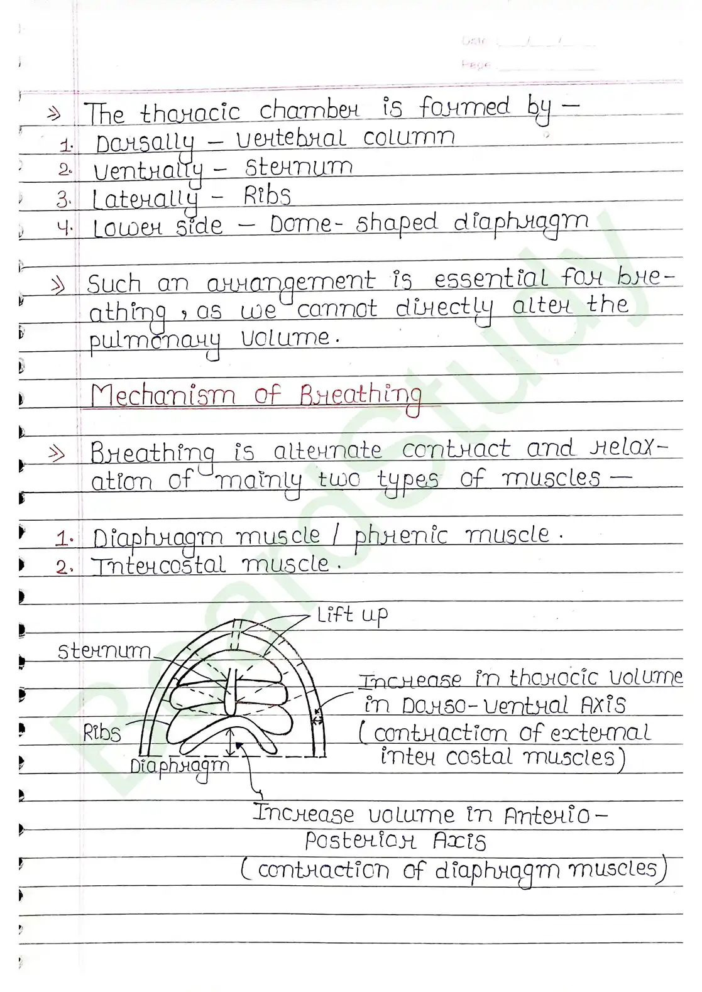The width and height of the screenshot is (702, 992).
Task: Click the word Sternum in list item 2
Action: click(299, 168)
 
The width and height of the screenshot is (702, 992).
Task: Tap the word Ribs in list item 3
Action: click(268, 196)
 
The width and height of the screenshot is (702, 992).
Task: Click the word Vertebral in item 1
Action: click(290, 138)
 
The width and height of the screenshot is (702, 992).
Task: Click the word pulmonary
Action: click(155, 341)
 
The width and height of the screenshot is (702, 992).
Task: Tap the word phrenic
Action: click(400, 536)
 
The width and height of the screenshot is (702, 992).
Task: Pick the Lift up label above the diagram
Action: click(352, 615)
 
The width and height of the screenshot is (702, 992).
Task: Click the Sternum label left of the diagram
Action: click(104, 651)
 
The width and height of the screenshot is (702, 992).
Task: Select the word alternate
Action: click(327, 450)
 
